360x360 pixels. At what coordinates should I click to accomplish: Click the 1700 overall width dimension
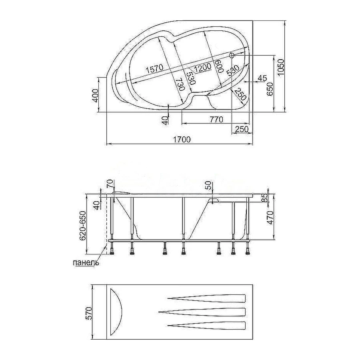[x=182, y=139]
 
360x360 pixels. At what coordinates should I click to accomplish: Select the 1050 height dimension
[x=280, y=67]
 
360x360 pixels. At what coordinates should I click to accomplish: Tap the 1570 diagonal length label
[x=154, y=69]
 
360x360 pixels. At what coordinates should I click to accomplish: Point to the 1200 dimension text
[x=202, y=67]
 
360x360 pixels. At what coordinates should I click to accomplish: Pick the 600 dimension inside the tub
[x=219, y=66]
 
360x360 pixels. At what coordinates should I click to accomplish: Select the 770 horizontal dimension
[x=216, y=119]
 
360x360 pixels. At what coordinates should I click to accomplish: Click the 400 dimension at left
[x=95, y=96]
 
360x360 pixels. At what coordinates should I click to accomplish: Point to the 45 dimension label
[x=262, y=78]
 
